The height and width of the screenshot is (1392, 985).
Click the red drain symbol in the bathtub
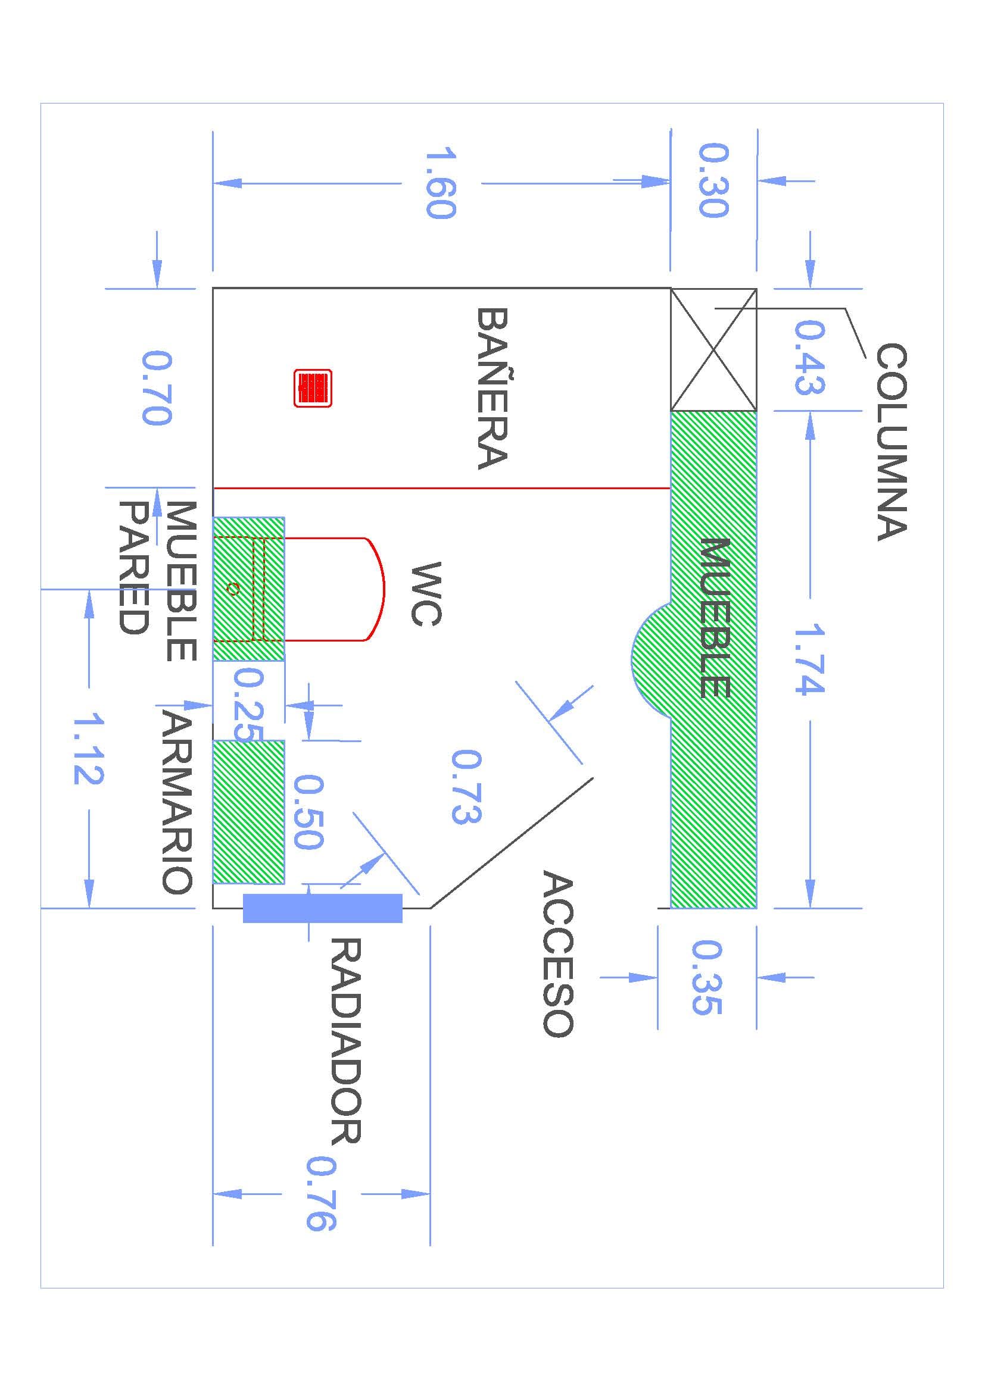[x=313, y=387]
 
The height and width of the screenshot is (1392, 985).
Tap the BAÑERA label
[x=491, y=389]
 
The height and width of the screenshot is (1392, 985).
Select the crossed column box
[x=713, y=349]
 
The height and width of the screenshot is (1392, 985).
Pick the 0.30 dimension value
[x=713, y=180]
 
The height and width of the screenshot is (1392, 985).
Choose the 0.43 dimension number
[x=810, y=358]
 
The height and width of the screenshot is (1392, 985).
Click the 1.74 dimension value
[x=810, y=658]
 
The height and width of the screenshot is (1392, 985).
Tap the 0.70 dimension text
[x=157, y=387]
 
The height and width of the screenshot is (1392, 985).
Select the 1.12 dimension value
[x=89, y=749]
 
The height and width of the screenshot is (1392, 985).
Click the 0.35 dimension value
[x=707, y=977]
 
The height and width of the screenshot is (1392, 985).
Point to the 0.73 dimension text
[x=466, y=786]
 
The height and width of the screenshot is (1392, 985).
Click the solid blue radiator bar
[x=322, y=908]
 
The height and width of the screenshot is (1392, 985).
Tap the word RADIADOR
[x=346, y=1040]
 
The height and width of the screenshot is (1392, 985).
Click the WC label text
[x=426, y=593]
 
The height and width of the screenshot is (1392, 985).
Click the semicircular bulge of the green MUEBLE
[x=651, y=660]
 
